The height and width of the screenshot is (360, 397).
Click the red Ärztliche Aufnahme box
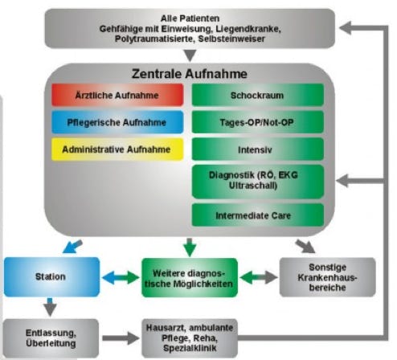coord(117,95)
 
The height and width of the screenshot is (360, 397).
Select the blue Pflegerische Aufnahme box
coord(117,122)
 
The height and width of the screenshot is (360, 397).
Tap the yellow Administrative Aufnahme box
coord(117,149)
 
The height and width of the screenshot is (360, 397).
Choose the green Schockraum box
coord(258,95)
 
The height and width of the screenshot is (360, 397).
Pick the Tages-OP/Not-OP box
coord(258,122)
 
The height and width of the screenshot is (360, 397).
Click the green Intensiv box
coord(258,149)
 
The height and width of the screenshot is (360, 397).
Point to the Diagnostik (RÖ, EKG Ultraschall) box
coord(258,182)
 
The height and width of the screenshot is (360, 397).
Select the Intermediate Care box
coord(258,215)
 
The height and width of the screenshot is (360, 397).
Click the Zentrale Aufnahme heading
coord(190,74)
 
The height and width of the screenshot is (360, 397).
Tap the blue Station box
coord(51,277)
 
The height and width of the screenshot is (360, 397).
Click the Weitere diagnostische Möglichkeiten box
coord(190,278)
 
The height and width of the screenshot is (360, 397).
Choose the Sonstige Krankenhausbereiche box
coord(327,277)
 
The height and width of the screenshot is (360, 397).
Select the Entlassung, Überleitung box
coord(51,338)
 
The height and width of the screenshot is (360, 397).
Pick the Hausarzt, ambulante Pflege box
coord(190,338)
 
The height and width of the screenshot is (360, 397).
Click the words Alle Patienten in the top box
coord(190,18)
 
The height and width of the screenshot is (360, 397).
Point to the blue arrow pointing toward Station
coord(72,247)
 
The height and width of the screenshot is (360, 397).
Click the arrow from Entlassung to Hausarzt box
coord(121,338)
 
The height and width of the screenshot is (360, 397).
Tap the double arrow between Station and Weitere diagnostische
coord(121,277)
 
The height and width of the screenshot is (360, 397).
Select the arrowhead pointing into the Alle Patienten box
coord(346,27)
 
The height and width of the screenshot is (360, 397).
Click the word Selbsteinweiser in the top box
coord(231,39)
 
